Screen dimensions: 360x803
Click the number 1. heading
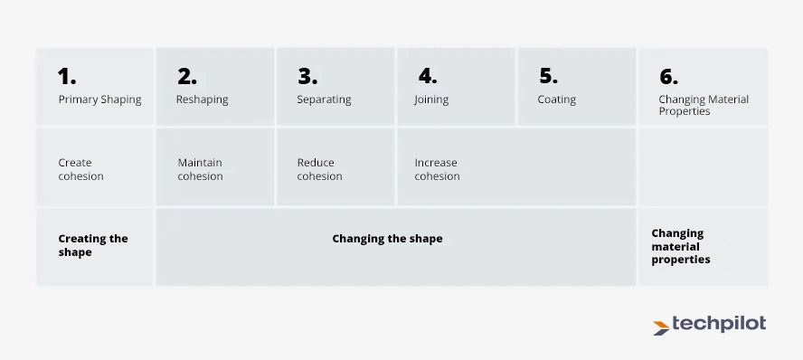[67, 76]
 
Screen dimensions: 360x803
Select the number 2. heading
[186, 76]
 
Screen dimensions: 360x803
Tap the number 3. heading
[307, 76]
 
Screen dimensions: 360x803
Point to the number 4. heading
[427, 76]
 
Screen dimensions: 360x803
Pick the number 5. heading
[548, 76]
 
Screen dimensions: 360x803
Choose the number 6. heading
[668, 77]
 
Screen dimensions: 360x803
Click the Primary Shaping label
[99, 99]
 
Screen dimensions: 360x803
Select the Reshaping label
[202, 99]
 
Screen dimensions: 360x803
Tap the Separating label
[324, 99]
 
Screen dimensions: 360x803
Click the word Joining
[431, 99]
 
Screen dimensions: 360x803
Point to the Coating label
[556, 99]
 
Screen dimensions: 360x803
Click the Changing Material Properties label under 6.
[704, 105]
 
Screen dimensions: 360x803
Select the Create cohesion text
[80, 169]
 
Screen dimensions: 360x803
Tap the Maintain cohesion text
[200, 169]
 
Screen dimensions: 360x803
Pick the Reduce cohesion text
[319, 169]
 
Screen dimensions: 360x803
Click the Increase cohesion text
[437, 169]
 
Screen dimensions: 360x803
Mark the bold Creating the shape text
[93, 245]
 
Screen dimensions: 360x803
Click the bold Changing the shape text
[387, 239]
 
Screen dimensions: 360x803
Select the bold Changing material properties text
[680, 246]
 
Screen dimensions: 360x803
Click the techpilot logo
[709, 325]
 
